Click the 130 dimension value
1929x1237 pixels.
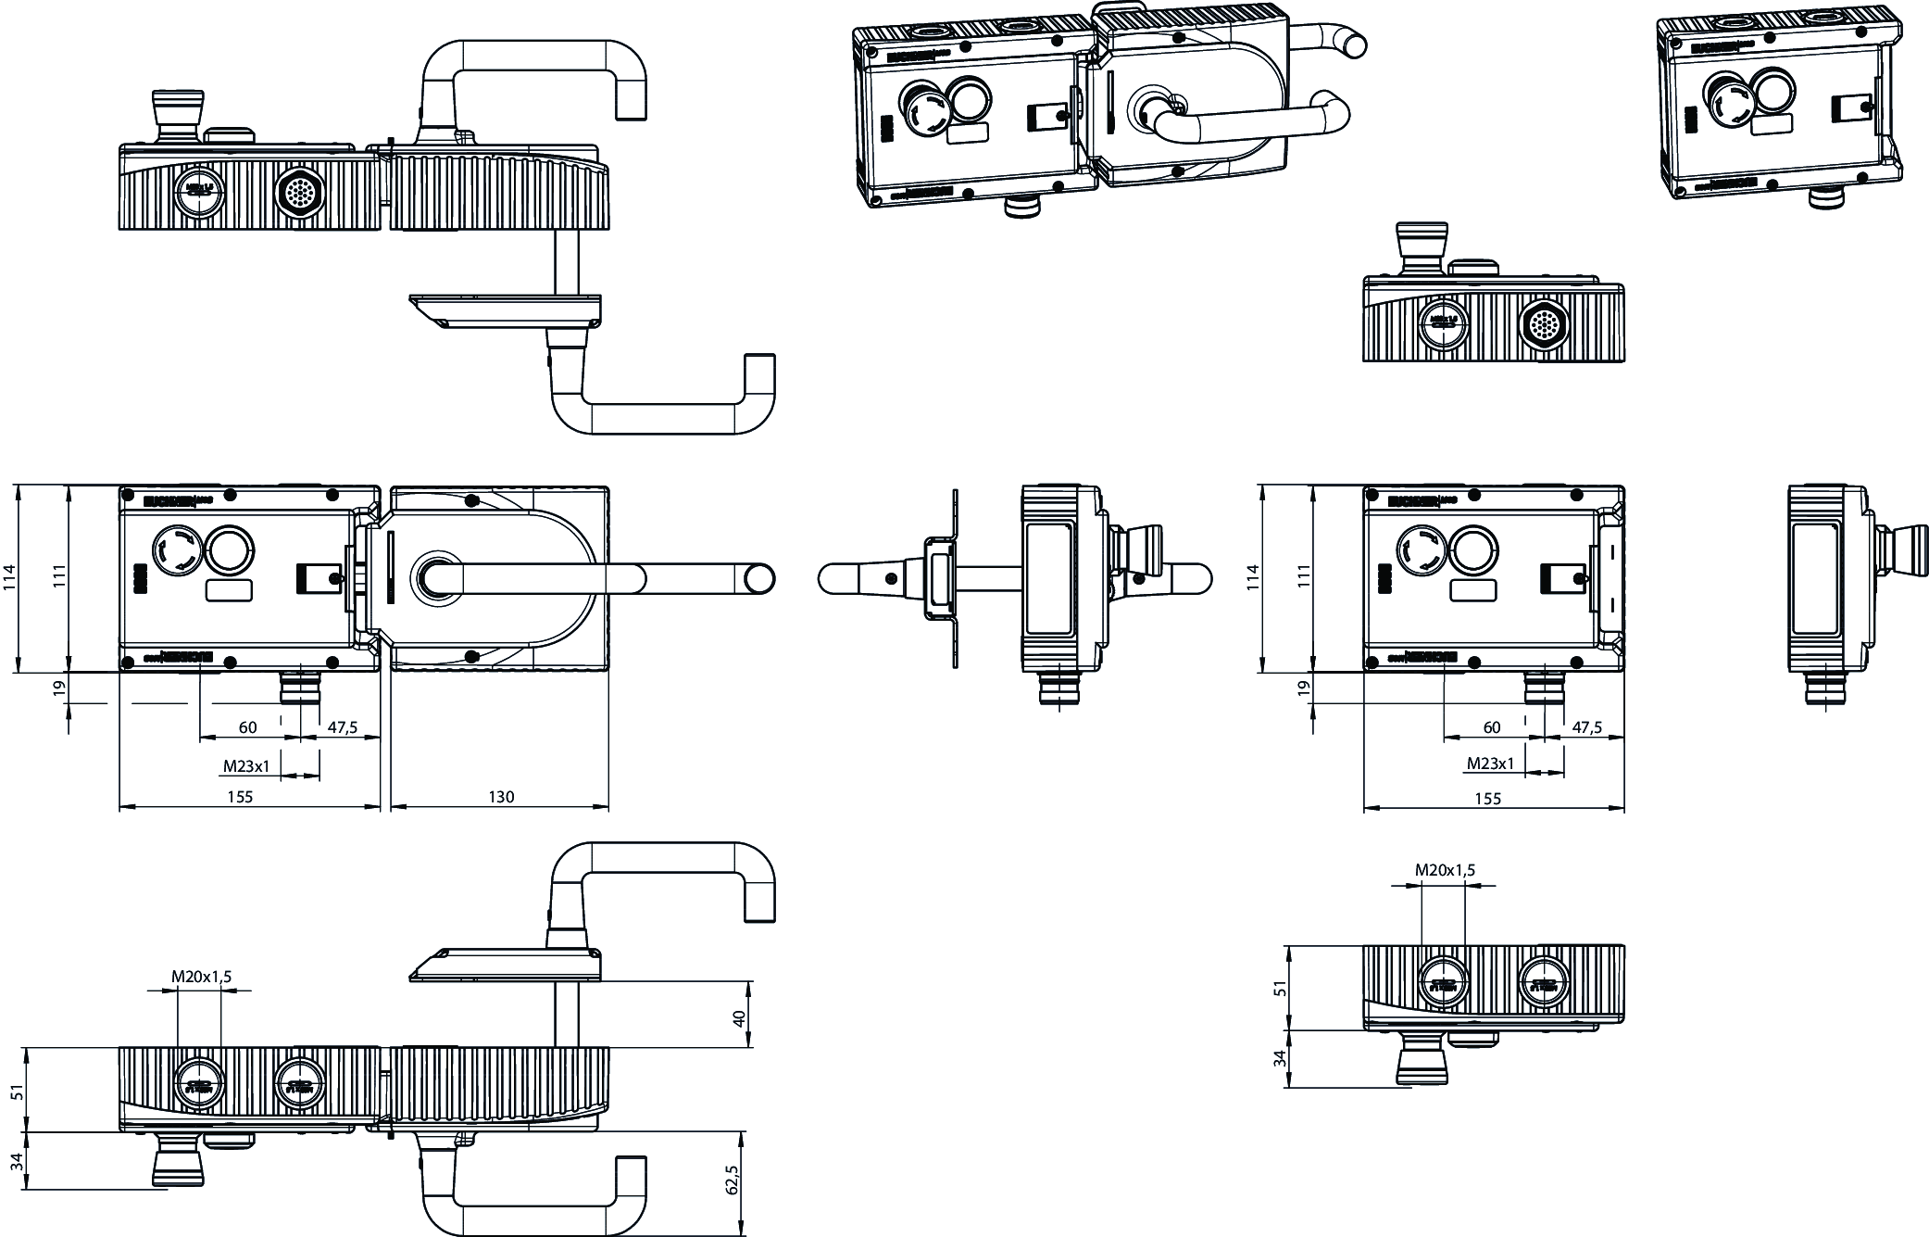[x=501, y=797]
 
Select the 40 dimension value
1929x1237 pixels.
[x=739, y=1017]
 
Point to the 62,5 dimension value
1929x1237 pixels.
[x=733, y=1180]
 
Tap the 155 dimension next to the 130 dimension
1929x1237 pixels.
[x=239, y=797]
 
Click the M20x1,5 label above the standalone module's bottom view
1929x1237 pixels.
[x=1445, y=870]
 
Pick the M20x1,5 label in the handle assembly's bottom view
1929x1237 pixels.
[x=201, y=977]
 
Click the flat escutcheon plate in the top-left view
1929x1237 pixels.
[x=505, y=309]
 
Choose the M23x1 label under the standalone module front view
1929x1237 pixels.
[x=1490, y=764]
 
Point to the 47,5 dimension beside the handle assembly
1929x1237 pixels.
[x=342, y=727]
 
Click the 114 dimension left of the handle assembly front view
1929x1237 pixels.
[x=9, y=578]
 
